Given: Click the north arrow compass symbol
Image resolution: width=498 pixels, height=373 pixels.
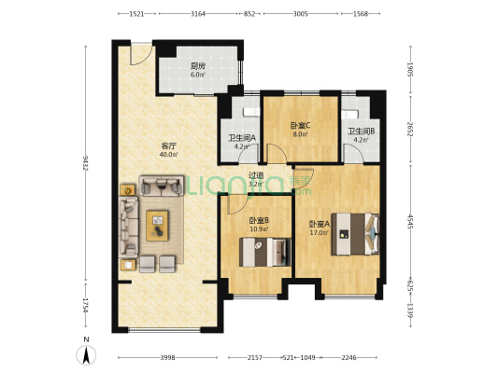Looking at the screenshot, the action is pos(86,354).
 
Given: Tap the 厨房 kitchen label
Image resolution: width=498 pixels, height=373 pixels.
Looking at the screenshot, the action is pos(197,66).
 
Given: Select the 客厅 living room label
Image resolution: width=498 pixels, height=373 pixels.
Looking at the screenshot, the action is pos(168,146).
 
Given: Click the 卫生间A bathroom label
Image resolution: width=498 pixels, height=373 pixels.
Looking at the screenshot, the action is pos(242,138).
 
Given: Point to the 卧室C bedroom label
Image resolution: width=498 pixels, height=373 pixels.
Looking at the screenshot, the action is pos(300,126).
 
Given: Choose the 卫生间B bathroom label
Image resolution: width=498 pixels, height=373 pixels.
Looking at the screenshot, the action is pos(361,131).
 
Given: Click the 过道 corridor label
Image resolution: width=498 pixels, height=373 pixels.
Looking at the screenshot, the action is pos(256,175).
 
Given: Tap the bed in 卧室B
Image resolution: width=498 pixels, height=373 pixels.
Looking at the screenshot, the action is pos(265,252).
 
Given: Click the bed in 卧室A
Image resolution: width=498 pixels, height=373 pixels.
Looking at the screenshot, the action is pos(355,234).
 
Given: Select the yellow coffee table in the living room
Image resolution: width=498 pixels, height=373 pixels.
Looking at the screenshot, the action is pos(157,226).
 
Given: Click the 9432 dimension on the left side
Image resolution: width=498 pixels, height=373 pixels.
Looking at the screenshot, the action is pos(85,163).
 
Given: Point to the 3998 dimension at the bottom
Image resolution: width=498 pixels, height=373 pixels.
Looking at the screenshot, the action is pos(167,358).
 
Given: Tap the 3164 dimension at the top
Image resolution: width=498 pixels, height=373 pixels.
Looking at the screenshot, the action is pos(198,14).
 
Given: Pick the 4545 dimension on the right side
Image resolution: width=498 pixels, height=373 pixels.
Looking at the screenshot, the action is pos(410,222).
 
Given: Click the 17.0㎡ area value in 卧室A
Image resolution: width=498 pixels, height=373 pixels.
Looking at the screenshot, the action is pos(320,232).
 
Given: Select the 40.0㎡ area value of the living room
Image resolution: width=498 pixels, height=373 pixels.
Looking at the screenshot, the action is pos(168,155).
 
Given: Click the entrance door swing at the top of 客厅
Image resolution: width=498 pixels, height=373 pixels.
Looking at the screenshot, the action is pos(141,54).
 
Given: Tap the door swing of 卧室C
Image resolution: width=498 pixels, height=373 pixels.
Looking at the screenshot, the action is pos(276,154).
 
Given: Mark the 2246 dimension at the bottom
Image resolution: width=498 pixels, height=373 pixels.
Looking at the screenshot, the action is pos(349,358).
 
